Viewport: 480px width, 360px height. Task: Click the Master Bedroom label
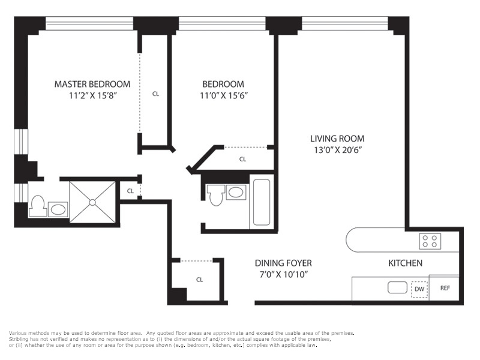(x=92, y=84)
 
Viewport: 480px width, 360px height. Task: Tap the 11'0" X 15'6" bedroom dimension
(x=224, y=95)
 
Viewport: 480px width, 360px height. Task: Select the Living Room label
(x=337, y=139)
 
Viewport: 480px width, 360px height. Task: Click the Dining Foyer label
(x=283, y=263)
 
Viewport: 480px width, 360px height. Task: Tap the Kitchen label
(x=406, y=263)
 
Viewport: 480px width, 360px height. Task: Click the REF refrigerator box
(x=444, y=288)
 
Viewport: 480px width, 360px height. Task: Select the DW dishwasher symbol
(x=419, y=289)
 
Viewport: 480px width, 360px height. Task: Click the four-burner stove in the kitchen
(x=430, y=241)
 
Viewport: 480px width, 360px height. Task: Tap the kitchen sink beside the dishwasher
(x=397, y=287)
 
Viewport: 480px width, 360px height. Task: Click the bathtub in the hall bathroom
(x=262, y=202)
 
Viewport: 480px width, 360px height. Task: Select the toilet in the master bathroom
(x=38, y=206)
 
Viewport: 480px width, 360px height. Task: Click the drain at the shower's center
(x=92, y=202)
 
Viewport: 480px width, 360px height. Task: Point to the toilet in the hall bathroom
(x=216, y=194)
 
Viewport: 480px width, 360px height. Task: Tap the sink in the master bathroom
(x=58, y=209)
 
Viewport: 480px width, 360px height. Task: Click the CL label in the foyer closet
(x=200, y=280)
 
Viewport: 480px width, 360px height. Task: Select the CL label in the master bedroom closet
(x=155, y=94)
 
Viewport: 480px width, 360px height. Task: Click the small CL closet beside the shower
(x=130, y=191)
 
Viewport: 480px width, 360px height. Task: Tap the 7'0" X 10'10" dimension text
(x=283, y=274)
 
